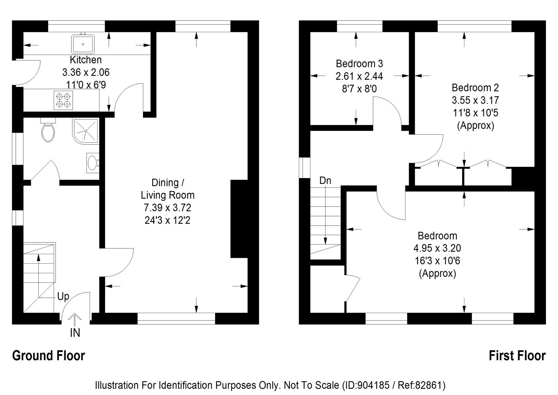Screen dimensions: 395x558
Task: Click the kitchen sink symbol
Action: point(83,44)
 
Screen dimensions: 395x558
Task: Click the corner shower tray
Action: point(86,130)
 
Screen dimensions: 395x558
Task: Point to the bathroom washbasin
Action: point(93,163)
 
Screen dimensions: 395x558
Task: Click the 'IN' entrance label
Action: point(75,333)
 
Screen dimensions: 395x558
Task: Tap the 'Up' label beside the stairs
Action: point(63,297)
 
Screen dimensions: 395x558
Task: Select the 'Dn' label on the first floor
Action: point(325,180)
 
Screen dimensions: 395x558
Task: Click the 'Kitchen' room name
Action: point(86,60)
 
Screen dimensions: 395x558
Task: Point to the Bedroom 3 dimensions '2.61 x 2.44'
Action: point(359,76)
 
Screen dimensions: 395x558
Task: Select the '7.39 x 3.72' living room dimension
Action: point(167,208)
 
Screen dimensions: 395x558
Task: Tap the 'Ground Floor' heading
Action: point(49,355)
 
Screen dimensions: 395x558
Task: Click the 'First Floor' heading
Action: point(517,355)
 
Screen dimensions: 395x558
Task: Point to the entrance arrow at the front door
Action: point(75,319)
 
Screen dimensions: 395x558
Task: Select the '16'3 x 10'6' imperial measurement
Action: point(437,261)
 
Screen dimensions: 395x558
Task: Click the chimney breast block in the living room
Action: point(239,219)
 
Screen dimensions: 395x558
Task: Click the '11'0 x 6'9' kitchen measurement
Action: point(86,85)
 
